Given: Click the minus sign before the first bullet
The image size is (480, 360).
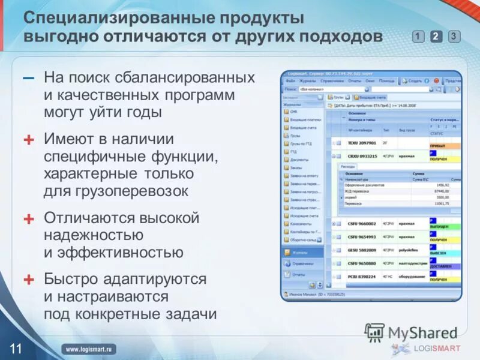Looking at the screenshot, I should [x=29, y=79].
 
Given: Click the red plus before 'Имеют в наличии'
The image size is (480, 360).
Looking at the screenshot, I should [x=29, y=140].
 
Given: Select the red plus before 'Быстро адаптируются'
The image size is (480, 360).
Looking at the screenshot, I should [x=29, y=280].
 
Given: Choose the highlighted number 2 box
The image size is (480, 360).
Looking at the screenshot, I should [x=436, y=37].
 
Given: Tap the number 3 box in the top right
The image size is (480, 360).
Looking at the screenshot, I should [x=454, y=37].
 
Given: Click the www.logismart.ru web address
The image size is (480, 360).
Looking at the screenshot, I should [x=90, y=349].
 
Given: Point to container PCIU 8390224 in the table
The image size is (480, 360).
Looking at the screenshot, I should [x=362, y=277].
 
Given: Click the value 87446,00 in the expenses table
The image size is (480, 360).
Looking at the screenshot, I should [x=441, y=191].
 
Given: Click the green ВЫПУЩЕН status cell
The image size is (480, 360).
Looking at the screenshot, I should [x=445, y=227].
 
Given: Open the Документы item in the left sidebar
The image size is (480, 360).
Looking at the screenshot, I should [x=299, y=160].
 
